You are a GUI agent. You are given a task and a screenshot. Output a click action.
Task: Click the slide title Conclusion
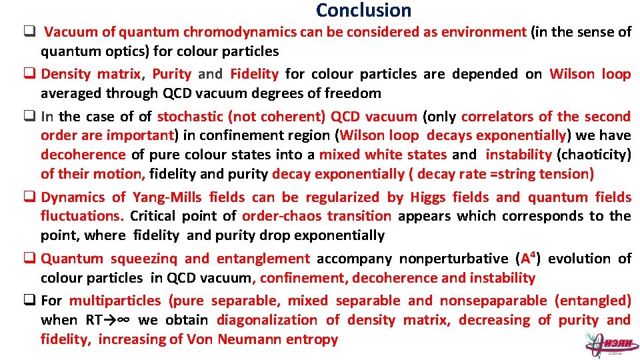[x=363, y=11]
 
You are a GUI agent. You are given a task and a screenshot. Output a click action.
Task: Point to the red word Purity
[x=171, y=74]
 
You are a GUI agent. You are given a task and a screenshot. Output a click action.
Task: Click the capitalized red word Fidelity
[x=254, y=74]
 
